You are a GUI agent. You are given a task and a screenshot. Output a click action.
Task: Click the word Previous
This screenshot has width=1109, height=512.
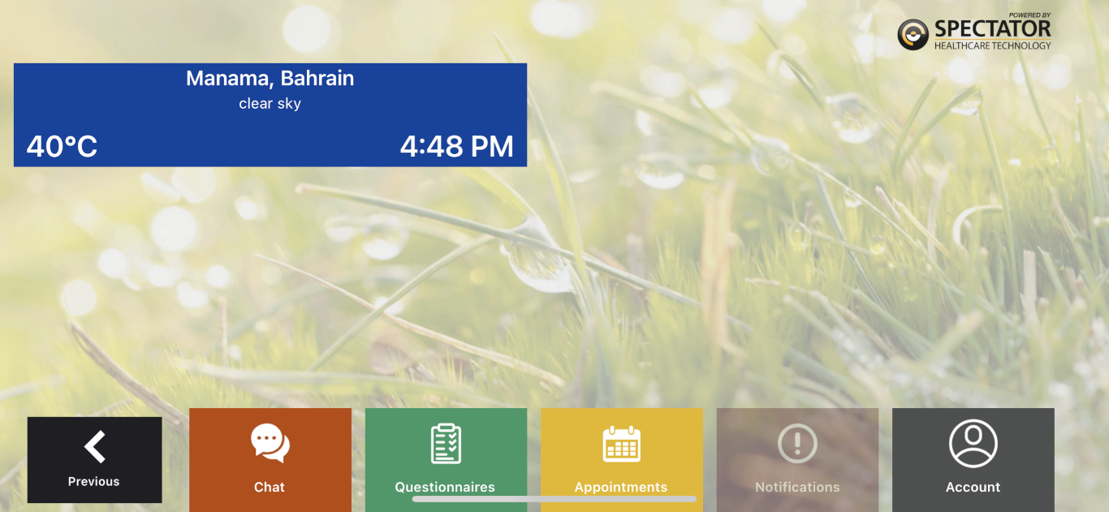[x=93, y=481]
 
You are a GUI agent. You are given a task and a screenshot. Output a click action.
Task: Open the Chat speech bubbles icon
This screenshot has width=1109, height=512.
[x=270, y=443]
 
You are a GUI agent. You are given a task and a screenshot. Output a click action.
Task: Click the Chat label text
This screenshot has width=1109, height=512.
[x=270, y=487]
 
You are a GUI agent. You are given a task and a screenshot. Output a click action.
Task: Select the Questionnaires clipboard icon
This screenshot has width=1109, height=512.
[x=446, y=443]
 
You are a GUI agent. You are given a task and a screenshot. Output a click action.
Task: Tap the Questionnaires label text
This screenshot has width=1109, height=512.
[x=445, y=487]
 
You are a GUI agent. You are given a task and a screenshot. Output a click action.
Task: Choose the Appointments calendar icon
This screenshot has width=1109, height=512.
[x=621, y=443]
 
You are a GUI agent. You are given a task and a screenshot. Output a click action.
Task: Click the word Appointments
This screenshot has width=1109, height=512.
[x=621, y=488]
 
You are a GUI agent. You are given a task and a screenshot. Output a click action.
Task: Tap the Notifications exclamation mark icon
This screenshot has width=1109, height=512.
[x=797, y=443]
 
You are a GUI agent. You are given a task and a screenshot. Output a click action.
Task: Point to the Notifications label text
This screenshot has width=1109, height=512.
[x=797, y=487]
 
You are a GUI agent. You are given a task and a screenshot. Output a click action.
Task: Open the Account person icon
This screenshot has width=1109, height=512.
[x=973, y=443]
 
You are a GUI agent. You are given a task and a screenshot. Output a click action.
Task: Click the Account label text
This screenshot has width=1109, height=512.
[x=973, y=487]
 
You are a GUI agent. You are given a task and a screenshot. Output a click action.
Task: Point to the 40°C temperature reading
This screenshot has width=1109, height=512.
[x=62, y=146]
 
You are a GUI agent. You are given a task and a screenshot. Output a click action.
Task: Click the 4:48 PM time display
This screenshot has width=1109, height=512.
[x=456, y=146]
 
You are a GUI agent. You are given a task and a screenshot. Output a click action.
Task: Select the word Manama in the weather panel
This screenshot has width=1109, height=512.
[x=229, y=79]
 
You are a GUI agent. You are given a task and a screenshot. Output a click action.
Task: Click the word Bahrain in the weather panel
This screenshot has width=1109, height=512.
[x=317, y=78]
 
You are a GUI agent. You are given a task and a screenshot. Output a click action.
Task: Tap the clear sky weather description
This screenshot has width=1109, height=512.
[x=270, y=103]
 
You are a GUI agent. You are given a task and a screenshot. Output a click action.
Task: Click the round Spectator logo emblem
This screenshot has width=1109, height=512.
[x=913, y=35]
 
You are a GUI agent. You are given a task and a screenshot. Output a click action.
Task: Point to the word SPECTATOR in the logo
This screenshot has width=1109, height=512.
[x=993, y=28]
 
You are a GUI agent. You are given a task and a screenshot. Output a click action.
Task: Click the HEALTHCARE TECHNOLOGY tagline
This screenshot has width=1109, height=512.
[x=993, y=45]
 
